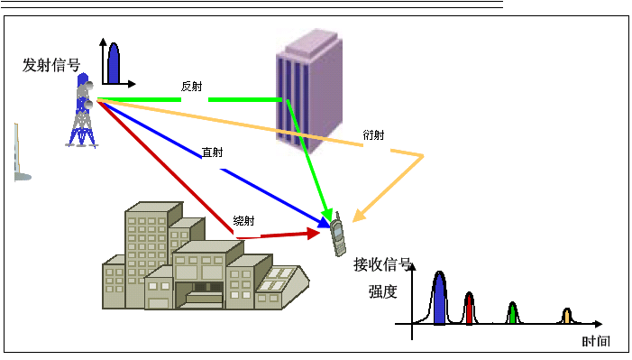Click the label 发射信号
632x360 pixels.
click(x=51, y=65)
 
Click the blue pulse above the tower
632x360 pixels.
click(x=114, y=63)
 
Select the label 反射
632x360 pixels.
click(x=191, y=87)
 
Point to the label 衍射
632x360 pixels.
click(x=373, y=135)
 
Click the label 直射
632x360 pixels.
click(x=213, y=152)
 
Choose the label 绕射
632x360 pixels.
click(x=243, y=221)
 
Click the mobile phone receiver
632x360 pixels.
click(x=338, y=235)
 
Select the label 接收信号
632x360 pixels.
click(x=382, y=264)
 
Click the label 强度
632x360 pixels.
click(x=382, y=291)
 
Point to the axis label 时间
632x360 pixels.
click(x=595, y=342)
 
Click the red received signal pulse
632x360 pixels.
click(x=470, y=309)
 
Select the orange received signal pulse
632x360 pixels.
click(x=566, y=316)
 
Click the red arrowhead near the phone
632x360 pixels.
click(x=314, y=233)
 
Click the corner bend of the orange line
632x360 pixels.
click(x=421, y=157)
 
